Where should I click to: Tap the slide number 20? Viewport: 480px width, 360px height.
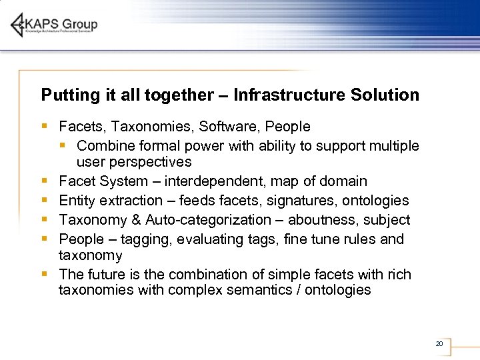[439, 344]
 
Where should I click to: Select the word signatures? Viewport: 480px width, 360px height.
[301, 201]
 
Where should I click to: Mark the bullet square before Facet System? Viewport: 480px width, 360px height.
[43, 181]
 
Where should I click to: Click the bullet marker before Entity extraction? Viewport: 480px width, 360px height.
[43, 200]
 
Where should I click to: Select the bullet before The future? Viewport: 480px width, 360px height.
[43, 274]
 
